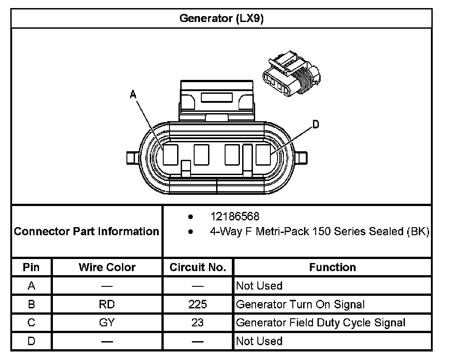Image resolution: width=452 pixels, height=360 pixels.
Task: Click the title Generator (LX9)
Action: click(222, 18)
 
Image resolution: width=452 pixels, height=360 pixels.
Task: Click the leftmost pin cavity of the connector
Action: click(170, 154)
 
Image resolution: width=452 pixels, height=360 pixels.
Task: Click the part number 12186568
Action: click(235, 217)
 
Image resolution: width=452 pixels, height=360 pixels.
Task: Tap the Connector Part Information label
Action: click(87, 232)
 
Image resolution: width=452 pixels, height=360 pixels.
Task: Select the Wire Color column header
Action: click(107, 268)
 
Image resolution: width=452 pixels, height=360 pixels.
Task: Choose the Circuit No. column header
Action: click(198, 268)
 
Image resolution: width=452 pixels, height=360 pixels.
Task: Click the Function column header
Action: click(332, 268)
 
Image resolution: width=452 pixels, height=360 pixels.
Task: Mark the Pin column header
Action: click(31, 268)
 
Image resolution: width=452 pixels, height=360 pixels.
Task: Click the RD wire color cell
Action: click(107, 304)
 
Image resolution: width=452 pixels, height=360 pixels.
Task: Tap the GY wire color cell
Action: click(107, 323)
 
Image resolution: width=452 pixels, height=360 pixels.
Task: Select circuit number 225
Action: click(198, 304)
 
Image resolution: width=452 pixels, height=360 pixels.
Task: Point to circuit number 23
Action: click(198, 323)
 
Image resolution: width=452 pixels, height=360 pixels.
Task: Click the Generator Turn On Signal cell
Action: click(300, 304)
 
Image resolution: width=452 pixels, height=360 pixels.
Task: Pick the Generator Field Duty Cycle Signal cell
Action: click(321, 323)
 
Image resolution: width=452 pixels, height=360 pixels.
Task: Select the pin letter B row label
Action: click(31, 304)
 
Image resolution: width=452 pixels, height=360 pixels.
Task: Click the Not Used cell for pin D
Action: click(259, 341)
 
